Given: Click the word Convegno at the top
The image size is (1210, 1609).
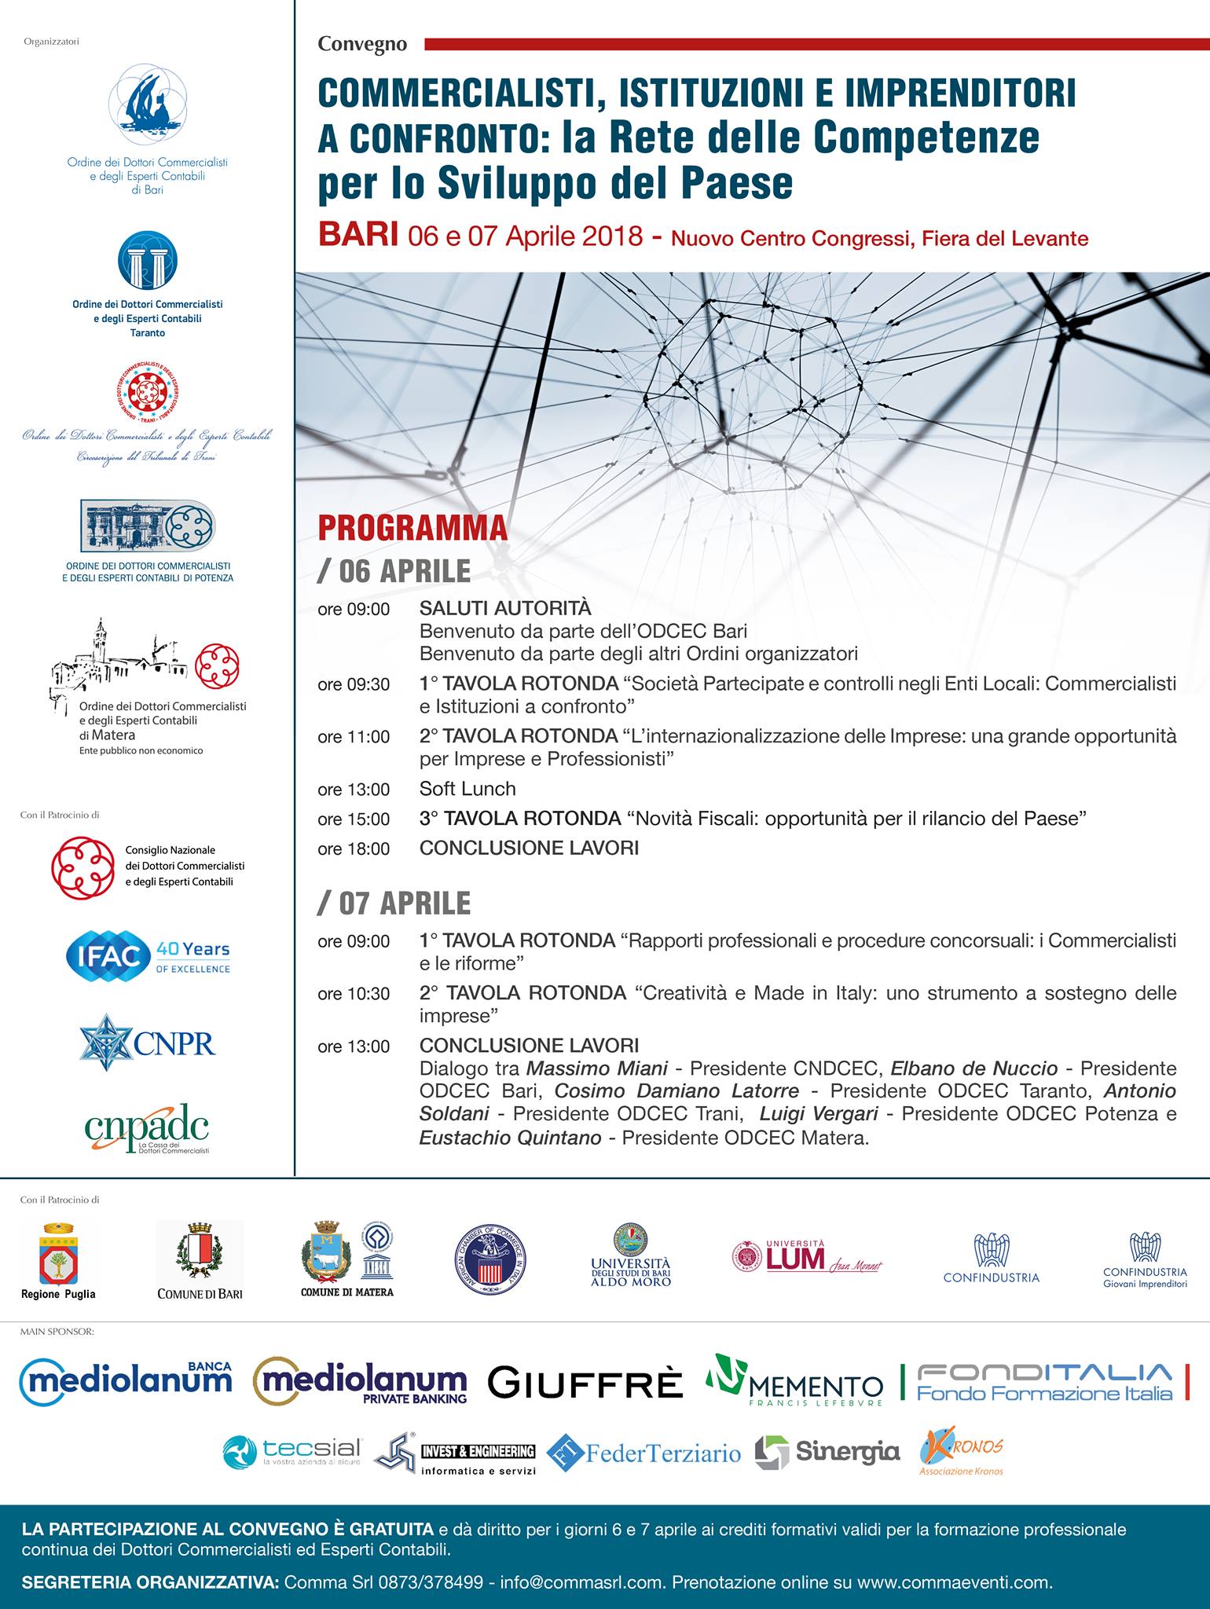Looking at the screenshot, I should pos(362,44).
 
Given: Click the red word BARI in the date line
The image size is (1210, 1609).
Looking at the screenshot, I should pos(357,235).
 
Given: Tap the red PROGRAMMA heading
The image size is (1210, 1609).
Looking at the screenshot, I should pos(412,528).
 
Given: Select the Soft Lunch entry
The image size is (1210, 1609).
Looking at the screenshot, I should pos(467,789).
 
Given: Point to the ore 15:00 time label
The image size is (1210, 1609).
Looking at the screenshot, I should pos(354,819).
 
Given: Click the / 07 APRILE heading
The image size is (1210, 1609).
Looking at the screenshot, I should pos(394,903).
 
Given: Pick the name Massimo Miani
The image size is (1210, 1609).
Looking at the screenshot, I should pos(597,1068).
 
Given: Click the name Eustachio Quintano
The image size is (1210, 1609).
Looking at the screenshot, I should pos(510,1138).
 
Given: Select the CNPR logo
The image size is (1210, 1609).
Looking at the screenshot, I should pos(148,1043).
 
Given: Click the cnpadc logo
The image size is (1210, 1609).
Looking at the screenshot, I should pos(147,1129).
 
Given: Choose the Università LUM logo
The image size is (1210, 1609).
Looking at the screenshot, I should pos(807,1257).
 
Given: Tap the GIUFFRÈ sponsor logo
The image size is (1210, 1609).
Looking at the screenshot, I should pos(585,1384).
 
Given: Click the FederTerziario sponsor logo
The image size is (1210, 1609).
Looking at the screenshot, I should pos(644,1453).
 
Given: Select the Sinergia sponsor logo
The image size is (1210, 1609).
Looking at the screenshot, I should pos(827,1452).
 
